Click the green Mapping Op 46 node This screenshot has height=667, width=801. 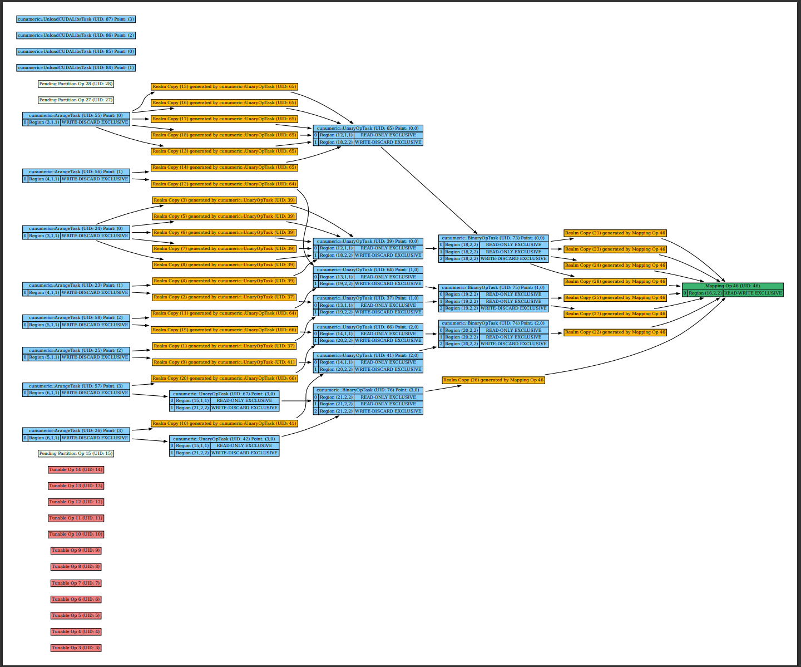tap(732, 286)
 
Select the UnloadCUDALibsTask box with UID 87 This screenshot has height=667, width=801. tap(76, 19)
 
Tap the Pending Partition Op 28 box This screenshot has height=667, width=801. tap(76, 84)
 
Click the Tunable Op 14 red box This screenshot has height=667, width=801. tap(76, 470)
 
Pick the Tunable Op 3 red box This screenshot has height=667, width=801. tap(76, 648)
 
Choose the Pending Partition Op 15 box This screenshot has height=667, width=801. tap(76, 454)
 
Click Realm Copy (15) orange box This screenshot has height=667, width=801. tap(224, 87)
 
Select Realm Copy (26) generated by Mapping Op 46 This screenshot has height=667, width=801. tap(493, 380)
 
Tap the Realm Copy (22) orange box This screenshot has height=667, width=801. tap(615, 332)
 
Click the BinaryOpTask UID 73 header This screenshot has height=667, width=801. tap(493, 238)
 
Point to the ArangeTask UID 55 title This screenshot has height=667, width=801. tap(76, 116)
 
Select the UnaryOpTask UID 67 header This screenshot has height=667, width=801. tap(224, 394)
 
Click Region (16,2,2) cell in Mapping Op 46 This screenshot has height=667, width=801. tap(705, 293)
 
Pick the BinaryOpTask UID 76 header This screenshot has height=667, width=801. tap(368, 390)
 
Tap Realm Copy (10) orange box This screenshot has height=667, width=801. tap(224, 424)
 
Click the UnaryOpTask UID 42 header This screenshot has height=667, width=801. tap(224, 439)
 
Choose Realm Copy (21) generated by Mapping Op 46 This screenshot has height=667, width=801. tap(615, 233)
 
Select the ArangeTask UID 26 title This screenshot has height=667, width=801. tap(76, 431)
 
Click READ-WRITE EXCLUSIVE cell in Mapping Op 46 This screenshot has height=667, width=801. tap(753, 293)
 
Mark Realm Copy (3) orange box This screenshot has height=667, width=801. tap(224, 200)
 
